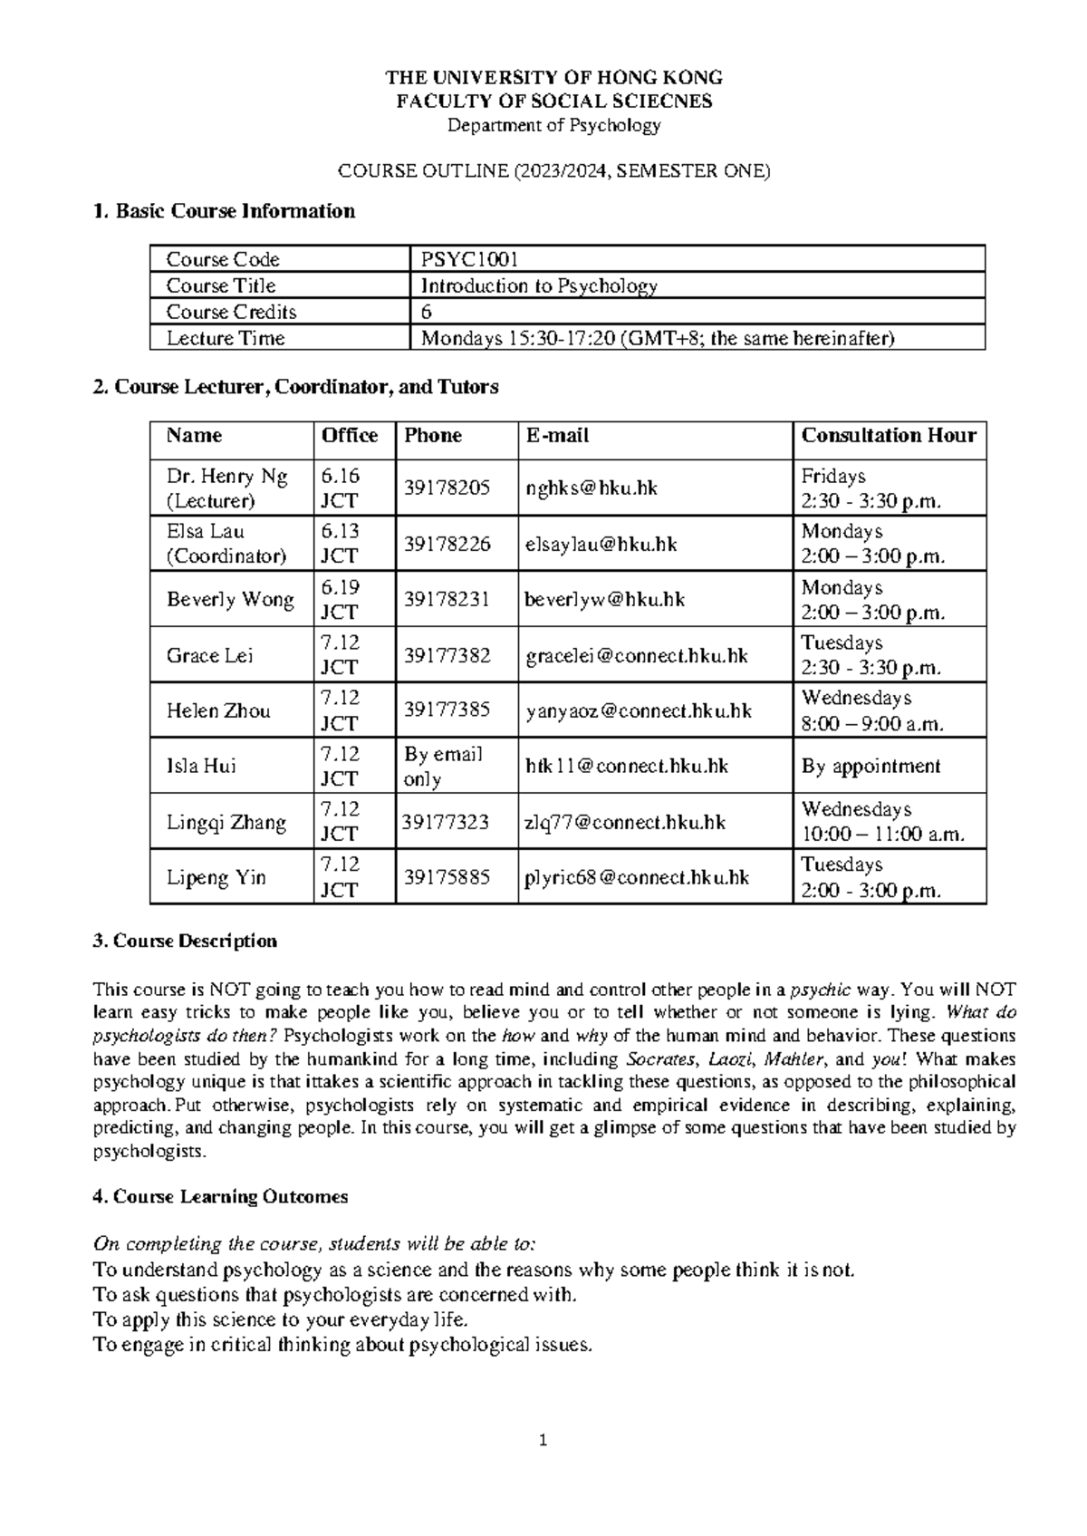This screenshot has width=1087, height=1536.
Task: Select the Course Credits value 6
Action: click(427, 312)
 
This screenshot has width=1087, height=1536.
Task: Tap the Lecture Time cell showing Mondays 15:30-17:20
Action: click(657, 338)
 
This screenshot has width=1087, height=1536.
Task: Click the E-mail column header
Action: click(557, 436)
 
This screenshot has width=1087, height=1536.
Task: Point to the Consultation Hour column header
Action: click(889, 436)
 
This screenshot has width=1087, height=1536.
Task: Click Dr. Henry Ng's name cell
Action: click(227, 488)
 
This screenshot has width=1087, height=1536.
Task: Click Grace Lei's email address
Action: click(637, 655)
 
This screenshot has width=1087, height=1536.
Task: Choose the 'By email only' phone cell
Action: click(443, 766)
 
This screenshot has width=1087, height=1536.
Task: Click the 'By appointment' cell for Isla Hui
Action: click(871, 767)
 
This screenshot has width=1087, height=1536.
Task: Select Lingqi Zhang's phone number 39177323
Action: click(446, 822)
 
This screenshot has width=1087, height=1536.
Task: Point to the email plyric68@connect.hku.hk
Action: click(638, 877)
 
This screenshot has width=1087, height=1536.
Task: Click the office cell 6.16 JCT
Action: click(341, 488)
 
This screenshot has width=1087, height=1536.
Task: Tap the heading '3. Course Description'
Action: click(186, 941)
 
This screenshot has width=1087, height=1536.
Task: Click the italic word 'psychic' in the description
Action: click(821, 989)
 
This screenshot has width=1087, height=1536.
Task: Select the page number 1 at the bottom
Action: click(543, 1440)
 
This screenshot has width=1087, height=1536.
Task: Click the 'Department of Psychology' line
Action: click(554, 125)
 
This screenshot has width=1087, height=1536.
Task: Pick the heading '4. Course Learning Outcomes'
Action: click(221, 1196)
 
